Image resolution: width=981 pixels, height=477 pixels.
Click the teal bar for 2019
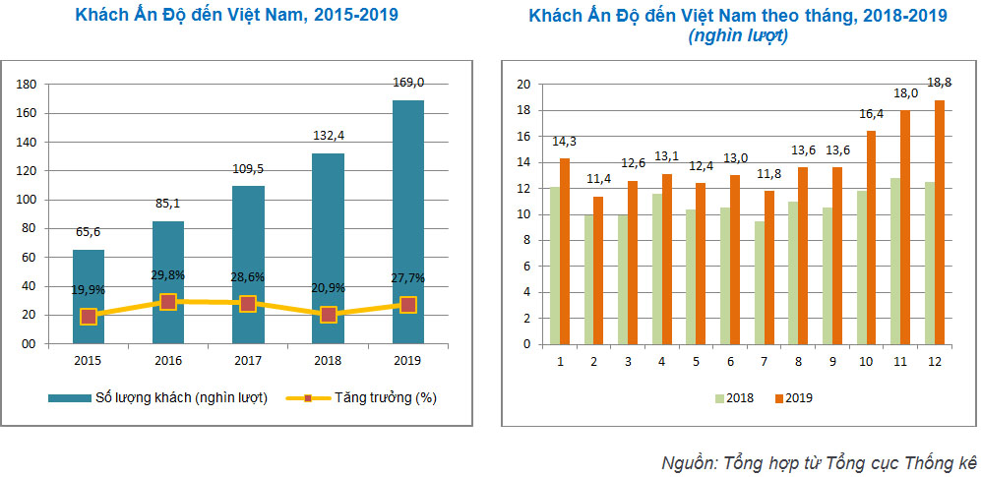click(408, 221)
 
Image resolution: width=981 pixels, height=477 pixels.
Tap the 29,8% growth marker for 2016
click(168, 302)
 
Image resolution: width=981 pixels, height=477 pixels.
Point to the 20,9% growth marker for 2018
click(329, 315)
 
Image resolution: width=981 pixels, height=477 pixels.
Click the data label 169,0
click(408, 83)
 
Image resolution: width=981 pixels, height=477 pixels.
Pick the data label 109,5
click(248, 168)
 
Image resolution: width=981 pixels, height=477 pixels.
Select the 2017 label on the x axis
click(248, 361)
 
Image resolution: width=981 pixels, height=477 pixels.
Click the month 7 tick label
click(763, 361)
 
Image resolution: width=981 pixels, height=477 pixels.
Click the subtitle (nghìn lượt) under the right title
click(738, 35)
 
